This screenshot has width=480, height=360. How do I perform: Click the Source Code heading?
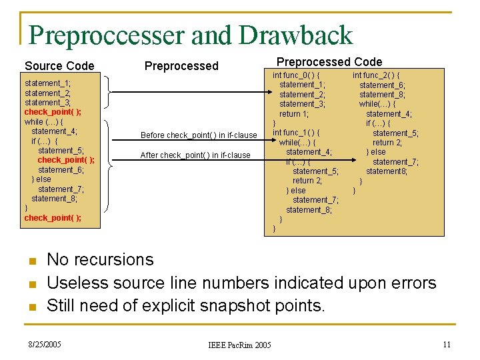tap(59, 65)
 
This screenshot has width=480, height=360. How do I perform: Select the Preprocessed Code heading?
tap(329, 62)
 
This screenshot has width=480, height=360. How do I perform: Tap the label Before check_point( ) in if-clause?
tap(199, 135)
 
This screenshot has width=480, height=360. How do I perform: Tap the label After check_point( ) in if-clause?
tap(195, 155)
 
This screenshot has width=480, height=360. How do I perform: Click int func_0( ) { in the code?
tap(296, 75)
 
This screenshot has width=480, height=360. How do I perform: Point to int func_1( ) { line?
tap(296, 133)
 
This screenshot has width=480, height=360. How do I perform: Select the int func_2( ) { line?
tap(376, 75)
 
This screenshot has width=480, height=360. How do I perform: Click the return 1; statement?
tap(294, 114)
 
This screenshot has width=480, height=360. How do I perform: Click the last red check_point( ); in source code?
tap(53, 218)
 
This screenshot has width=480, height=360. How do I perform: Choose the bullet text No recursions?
tap(100, 259)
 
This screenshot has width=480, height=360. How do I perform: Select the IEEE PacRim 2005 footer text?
tap(239, 345)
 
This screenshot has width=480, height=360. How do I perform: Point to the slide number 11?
tap(447, 344)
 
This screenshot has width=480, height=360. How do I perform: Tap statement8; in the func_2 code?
tap(386, 171)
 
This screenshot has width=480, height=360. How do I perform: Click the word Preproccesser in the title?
tap(107, 35)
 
